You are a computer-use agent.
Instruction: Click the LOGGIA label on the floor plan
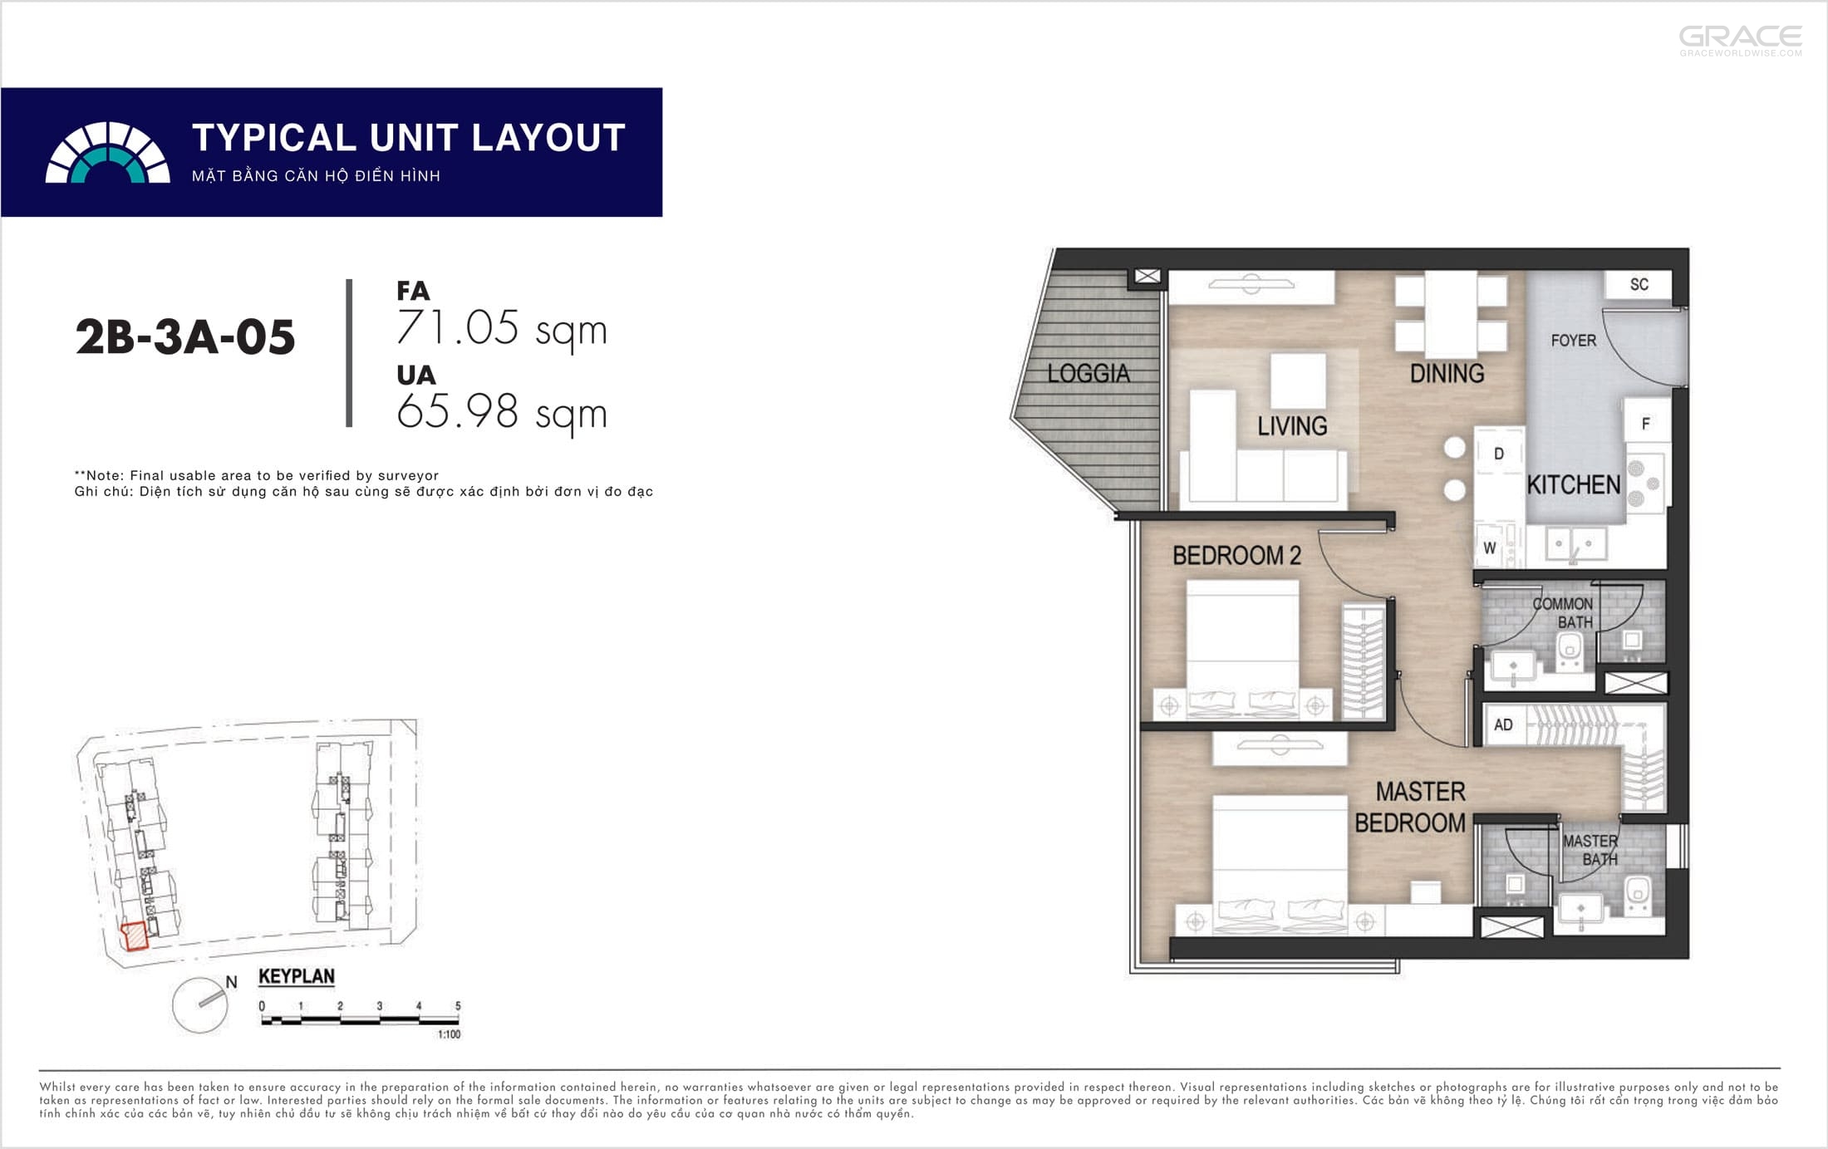pyautogui.click(x=1088, y=374)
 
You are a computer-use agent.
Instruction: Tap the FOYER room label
pyautogui.click(x=1573, y=341)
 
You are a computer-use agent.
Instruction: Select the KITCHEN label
pyautogui.click(x=1574, y=484)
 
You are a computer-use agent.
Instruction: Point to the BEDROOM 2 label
pyautogui.click(x=1236, y=555)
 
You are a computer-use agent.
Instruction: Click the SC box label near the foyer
pyautogui.click(x=1639, y=284)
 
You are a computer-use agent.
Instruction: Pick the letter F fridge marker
pyautogui.click(x=1645, y=424)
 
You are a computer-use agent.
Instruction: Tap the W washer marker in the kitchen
pyautogui.click(x=1490, y=548)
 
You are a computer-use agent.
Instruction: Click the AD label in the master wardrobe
pyautogui.click(x=1503, y=724)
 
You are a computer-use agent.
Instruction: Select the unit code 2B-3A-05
pyautogui.click(x=185, y=337)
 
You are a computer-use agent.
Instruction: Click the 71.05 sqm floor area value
pyautogui.click(x=502, y=328)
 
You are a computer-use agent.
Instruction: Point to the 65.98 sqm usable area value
pyautogui.click(x=502, y=412)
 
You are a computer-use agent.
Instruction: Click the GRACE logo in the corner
pyautogui.click(x=1741, y=41)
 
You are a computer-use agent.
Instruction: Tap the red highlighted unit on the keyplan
pyautogui.click(x=134, y=936)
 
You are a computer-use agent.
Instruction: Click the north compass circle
pyautogui.click(x=200, y=1004)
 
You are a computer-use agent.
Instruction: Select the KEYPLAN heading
pyautogui.click(x=297, y=976)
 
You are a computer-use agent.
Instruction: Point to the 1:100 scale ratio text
pyautogui.click(x=449, y=1034)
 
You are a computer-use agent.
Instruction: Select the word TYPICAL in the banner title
pyautogui.click(x=274, y=138)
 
